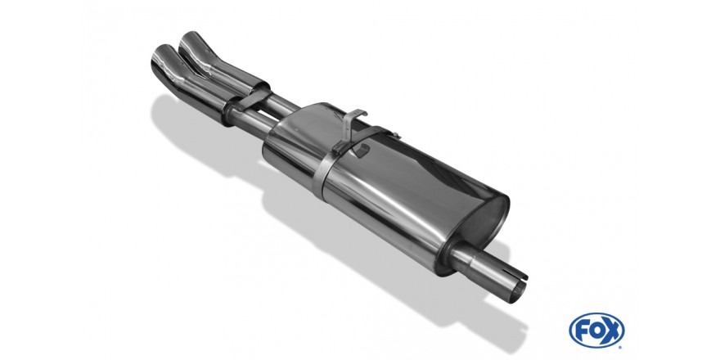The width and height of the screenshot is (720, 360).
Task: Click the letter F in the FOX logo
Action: click(x=582, y=330)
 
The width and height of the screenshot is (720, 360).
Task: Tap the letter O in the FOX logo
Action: click(x=596, y=330)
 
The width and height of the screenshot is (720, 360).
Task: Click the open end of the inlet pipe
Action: click(x=517, y=291)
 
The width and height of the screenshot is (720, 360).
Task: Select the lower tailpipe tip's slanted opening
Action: click(x=161, y=57)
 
